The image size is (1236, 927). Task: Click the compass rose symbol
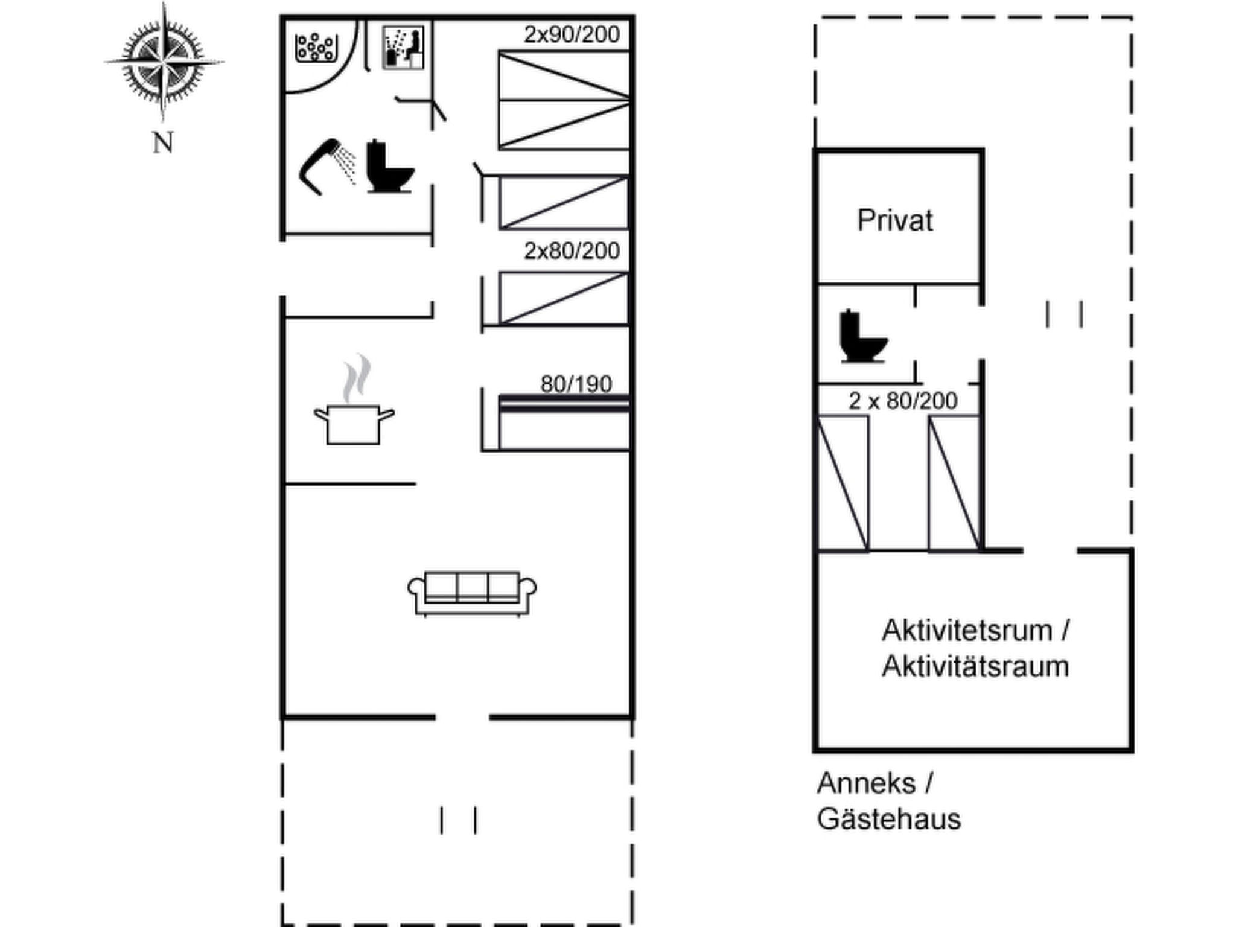[x=163, y=62]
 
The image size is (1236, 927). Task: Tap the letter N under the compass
[x=163, y=144]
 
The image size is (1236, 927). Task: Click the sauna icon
[x=403, y=47]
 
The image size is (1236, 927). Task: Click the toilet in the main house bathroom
[x=389, y=167]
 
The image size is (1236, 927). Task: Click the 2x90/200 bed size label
[x=572, y=35]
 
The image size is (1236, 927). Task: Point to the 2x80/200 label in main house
[x=572, y=251]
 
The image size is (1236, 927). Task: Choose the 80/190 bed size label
[x=576, y=384]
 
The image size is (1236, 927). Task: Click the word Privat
[x=895, y=220]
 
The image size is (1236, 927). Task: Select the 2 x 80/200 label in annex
[x=903, y=401]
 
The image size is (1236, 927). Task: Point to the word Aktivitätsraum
[x=975, y=667]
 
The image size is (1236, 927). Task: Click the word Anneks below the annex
[x=866, y=783]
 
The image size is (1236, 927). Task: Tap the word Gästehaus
[x=888, y=820]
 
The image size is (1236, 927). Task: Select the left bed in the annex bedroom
[x=843, y=483]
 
